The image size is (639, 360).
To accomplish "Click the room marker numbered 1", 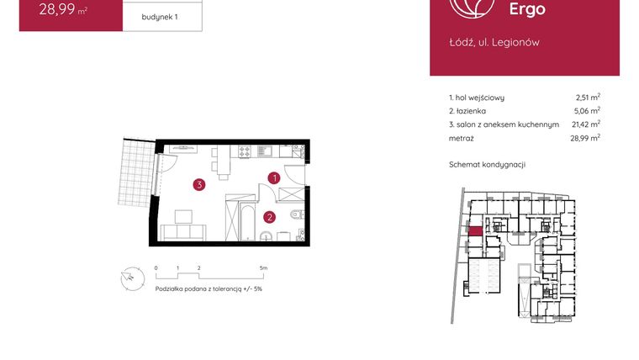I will (x=274, y=177).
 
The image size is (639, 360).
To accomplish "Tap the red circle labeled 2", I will (x=269, y=216).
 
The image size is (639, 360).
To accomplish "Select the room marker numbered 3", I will (x=198, y=185).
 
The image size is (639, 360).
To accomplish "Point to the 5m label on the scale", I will (x=264, y=267).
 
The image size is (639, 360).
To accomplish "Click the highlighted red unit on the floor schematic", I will (x=474, y=231).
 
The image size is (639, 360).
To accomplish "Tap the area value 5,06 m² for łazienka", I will (x=588, y=110).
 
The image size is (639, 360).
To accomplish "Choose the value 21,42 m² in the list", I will (x=585, y=124).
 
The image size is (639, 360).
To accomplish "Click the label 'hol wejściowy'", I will (x=480, y=98).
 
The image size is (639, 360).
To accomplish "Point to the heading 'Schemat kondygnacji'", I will (x=487, y=164).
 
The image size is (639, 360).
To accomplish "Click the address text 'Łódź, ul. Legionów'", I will (x=494, y=42).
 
